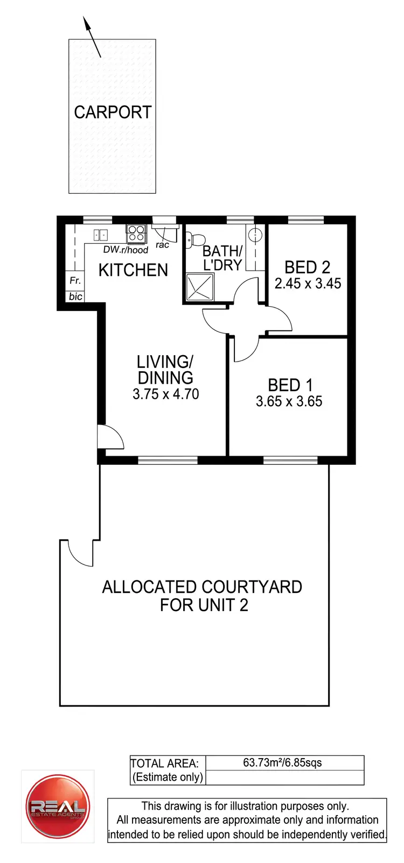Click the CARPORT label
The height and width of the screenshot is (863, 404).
pyautogui.click(x=113, y=112)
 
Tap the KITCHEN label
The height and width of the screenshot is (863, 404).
pyautogui.click(x=133, y=270)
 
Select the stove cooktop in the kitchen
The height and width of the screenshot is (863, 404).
pyautogui.click(x=136, y=233)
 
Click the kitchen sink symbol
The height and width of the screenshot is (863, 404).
pyautogui.click(x=100, y=235)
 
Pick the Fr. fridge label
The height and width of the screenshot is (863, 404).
pyautogui.click(x=75, y=280)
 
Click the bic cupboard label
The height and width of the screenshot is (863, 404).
pyautogui.click(x=75, y=296)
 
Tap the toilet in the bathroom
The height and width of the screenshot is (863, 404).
pyautogui.click(x=196, y=239)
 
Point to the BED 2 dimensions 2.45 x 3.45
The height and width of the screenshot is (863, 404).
pyautogui.click(x=308, y=284)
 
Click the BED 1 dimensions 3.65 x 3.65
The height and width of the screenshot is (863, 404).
pyautogui.click(x=289, y=401)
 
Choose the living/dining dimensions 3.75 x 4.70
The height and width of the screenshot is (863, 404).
pyautogui.click(x=165, y=394)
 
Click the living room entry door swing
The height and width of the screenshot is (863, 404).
pyautogui.click(x=110, y=436)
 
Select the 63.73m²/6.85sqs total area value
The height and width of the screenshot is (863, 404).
pyautogui.click(x=282, y=762)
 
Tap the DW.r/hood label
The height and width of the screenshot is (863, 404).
pyautogui.click(x=126, y=250)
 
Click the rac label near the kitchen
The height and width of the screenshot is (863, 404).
pyautogui.click(x=162, y=245)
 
